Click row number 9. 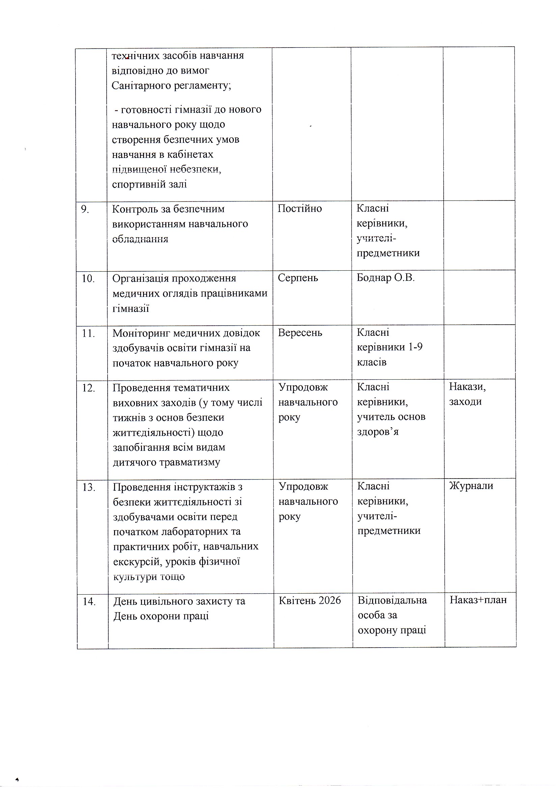pos(85,209)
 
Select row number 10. pos(88,278)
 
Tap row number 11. pos(88,333)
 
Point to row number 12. pos(88,388)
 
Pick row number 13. pos(89,487)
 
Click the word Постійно pos(300,209)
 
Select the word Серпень pos(298,278)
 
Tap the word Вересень pos(300,333)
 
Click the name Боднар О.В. pos(386,278)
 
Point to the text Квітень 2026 pos(310,601)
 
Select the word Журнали pos(471,486)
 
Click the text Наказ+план pos(478,600)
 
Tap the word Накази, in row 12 pos(467,387)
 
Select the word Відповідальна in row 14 pos(392,600)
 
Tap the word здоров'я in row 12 pos(378,432)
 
